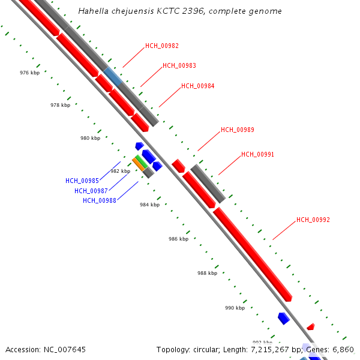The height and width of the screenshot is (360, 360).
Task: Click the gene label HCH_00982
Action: [x=161, y=46]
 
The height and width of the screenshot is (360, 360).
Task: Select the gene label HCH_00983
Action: [x=179, y=66]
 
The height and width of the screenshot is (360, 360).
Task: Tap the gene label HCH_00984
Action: [x=197, y=86]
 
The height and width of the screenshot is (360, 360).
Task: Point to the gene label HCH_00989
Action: [x=237, y=130]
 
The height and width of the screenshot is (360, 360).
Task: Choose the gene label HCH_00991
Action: [x=257, y=154]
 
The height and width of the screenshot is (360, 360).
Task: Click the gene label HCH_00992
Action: [x=313, y=220]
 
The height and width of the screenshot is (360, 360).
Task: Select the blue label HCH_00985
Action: [x=82, y=181]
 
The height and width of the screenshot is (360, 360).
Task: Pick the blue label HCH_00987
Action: [x=91, y=191]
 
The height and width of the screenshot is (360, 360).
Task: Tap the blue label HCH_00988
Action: [x=100, y=200]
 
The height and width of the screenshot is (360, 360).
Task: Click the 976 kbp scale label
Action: [x=29, y=73]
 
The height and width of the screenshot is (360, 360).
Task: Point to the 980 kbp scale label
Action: [x=90, y=138]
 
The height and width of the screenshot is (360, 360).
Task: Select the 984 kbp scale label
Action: [x=149, y=205]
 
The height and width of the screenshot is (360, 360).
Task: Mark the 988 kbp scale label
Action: [x=207, y=273]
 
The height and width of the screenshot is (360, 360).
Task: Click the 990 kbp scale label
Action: [x=235, y=308]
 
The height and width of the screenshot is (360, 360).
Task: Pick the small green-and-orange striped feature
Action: [x=140, y=163]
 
